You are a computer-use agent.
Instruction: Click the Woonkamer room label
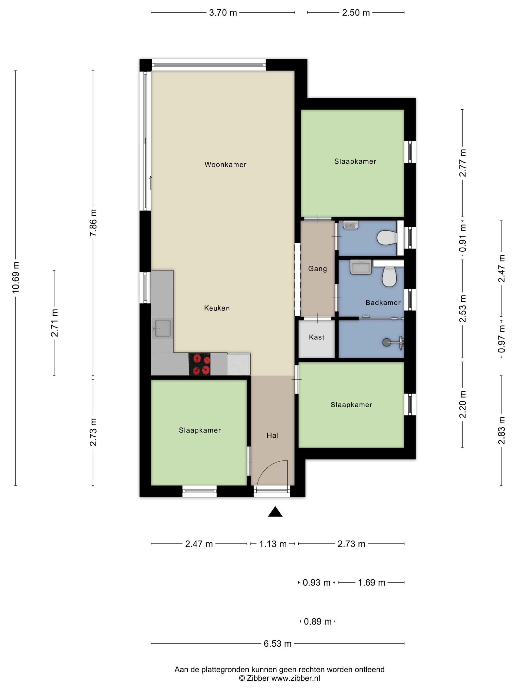pos(225,164)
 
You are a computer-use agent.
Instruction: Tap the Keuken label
pos(217,308)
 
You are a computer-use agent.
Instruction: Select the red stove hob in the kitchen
pos(199,364)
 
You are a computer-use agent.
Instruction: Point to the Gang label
pos(318,269)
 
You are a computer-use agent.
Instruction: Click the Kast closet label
pos(317,337)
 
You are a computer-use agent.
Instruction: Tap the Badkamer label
pos(383,302)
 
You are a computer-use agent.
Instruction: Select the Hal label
pos(272,435)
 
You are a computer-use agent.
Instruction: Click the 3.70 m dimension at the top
pos(223,13)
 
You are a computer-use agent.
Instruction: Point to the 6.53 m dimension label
pos(278,643)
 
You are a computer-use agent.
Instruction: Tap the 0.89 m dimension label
pos(318,621)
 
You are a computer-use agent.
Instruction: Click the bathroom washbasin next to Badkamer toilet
pos(361,267)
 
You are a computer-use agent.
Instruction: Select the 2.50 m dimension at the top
pos(356,13)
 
